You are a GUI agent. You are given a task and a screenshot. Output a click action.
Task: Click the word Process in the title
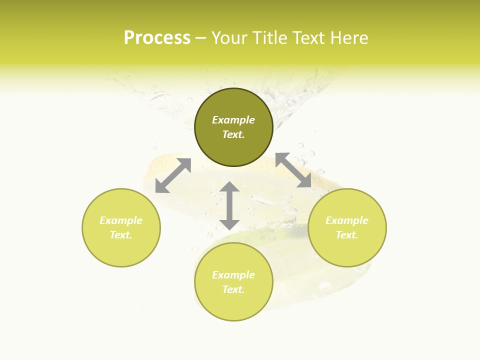coord(157,38)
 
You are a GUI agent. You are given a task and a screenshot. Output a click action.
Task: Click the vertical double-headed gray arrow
coord(229,205)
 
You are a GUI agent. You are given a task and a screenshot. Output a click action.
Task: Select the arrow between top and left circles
coord(173,175)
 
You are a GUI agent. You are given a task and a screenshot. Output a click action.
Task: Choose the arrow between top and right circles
coord(293,170)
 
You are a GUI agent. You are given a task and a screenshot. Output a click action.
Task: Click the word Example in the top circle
coord(233,120)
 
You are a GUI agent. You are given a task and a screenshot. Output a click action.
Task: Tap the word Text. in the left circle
coord(121,235)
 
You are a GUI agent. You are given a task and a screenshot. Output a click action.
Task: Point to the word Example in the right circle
coord(347,220)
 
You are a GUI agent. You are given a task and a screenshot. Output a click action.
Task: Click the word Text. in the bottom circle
coord(233,289)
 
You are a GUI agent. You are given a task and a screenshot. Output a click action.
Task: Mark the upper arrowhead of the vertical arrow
coord(229,187)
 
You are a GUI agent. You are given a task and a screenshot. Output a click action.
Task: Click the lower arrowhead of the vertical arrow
coord(229,224)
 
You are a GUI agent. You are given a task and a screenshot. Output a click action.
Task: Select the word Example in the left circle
coord(121,220)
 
